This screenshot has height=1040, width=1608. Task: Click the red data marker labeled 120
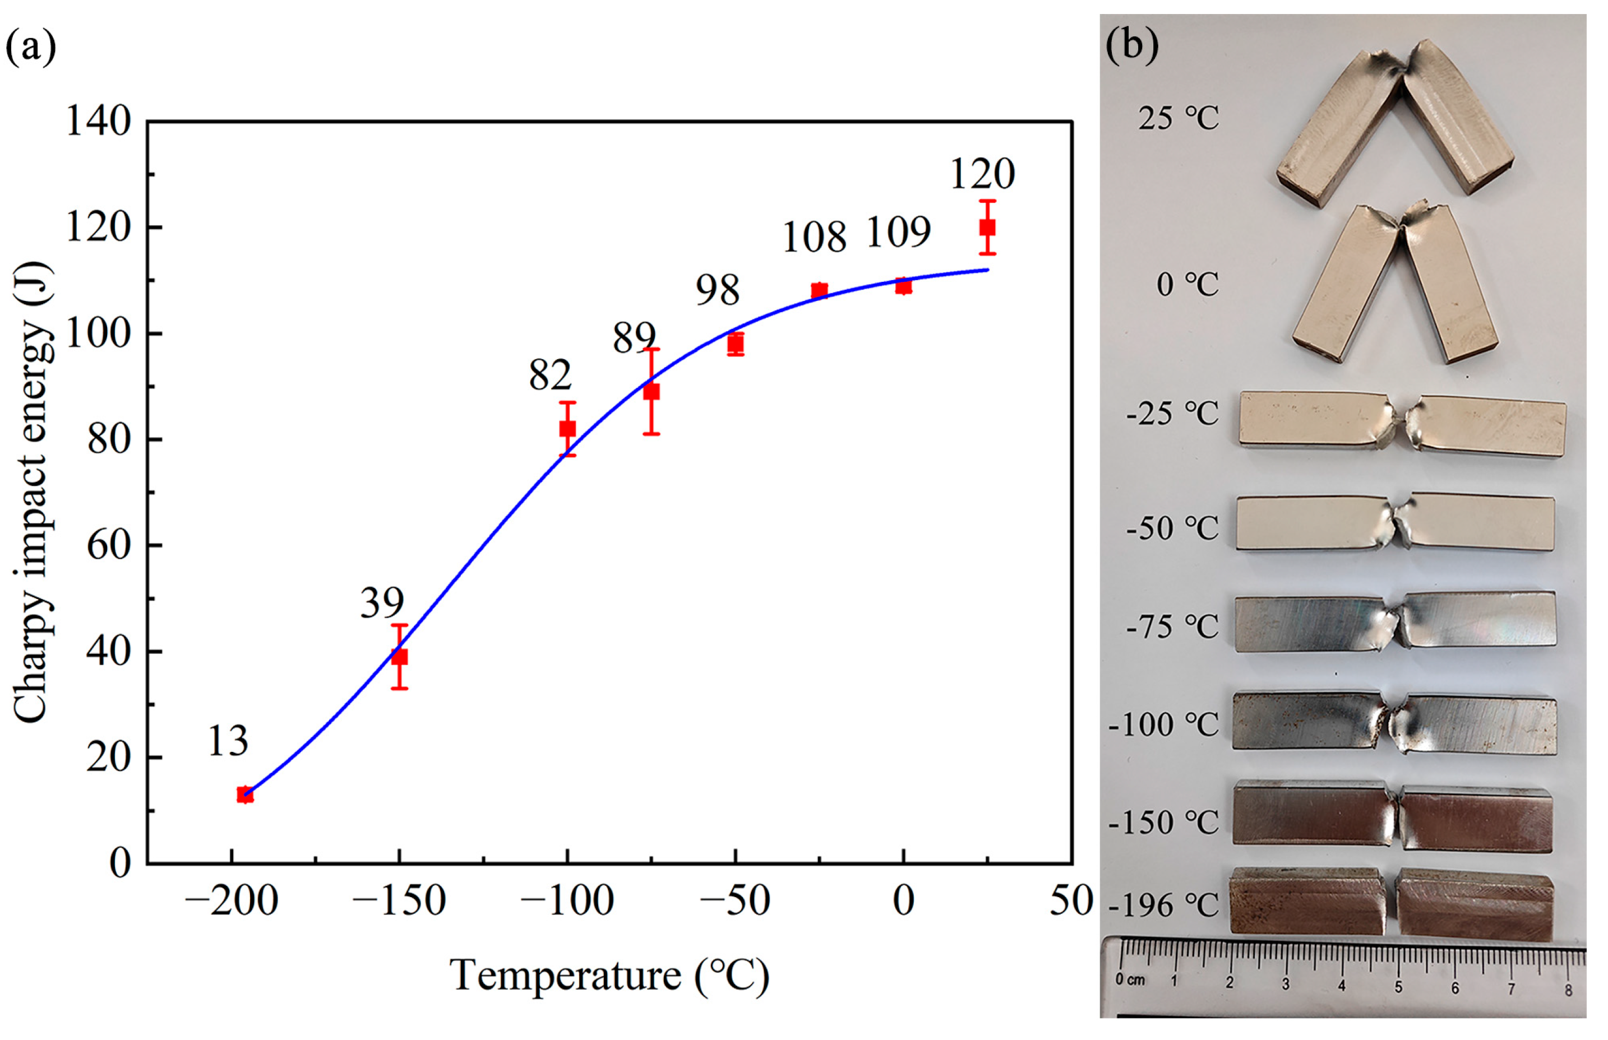pos(987,227)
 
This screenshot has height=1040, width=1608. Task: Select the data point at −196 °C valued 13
pos(245,795)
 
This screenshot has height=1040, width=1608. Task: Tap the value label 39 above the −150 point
pos(382,602)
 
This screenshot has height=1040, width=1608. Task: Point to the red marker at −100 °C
pos(567,429)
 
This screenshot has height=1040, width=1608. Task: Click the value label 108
pos(814,238)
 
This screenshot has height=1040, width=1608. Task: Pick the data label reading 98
pos(718,290)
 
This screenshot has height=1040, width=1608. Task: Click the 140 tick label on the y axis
pos(98,122)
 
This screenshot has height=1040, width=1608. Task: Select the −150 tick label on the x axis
pos(399,901)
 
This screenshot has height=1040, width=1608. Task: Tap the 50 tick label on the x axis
pos(1071,901)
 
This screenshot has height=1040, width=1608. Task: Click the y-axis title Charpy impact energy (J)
pos(33,493)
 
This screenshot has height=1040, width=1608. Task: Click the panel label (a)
pos(30,47)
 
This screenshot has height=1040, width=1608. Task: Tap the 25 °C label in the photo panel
pos(1179,119)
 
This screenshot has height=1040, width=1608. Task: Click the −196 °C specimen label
pos(1163,906)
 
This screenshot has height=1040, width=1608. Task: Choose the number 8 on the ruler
pos(1568,991)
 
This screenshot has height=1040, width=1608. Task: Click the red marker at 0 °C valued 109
pos(903,286)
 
